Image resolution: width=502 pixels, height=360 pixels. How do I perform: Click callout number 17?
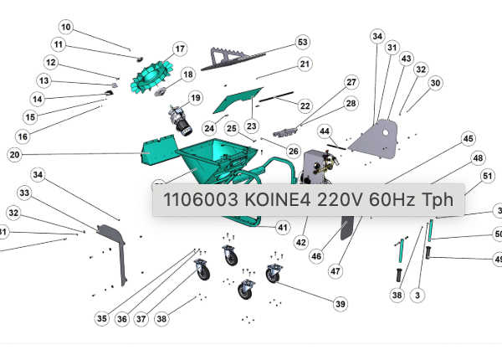179,48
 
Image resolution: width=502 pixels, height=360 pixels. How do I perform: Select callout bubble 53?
302,42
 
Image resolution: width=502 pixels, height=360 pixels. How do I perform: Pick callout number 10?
65,28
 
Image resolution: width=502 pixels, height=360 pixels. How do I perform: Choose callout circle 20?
14,154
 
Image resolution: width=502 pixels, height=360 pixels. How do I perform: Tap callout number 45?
468,138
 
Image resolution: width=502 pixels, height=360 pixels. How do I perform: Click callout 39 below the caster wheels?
340,304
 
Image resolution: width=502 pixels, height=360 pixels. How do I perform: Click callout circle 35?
101,318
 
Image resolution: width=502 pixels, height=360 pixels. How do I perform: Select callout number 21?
305,64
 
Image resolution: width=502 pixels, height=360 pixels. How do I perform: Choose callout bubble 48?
478,157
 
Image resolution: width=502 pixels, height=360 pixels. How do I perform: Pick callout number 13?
44,80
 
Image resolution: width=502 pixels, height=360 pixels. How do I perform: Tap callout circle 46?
316,255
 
